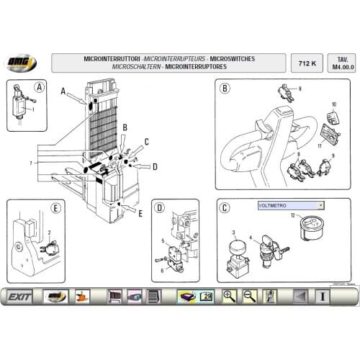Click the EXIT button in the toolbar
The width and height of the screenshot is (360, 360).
pyautogui.click(x=19, y=295)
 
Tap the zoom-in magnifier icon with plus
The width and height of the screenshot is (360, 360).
pyautogui.click(x=230, y=295)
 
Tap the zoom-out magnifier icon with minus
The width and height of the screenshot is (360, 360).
pyautogui.click(x=250, y=295)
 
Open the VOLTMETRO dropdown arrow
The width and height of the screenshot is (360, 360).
pyautogui.click(x=320, y=205)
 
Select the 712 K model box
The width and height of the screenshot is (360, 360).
pyautogui.click(x=305, y=63)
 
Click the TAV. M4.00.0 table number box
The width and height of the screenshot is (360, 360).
pyautogui.click(x=338, y=63)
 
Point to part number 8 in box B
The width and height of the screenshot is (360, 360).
pyautogui.click(x=300, y=89)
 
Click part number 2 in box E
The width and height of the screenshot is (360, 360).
pyautogui.click(x=48, y=233)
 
